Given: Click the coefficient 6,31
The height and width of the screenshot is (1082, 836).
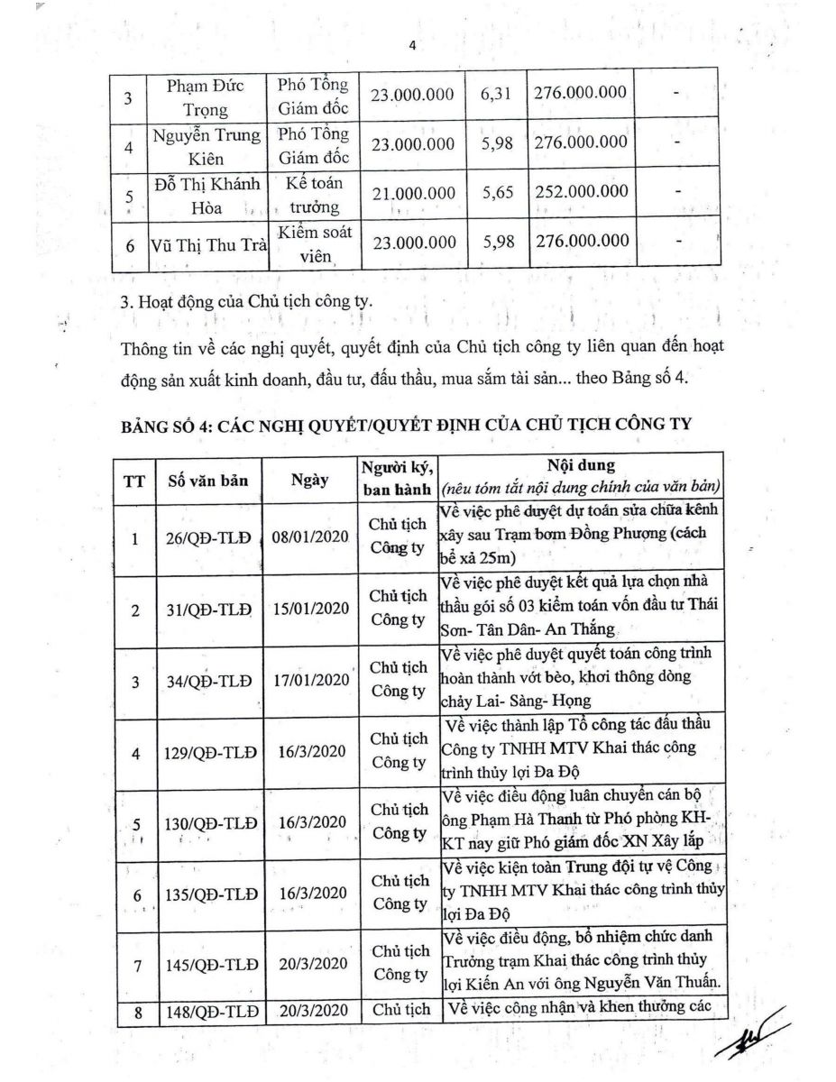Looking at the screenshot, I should (x=497, y=93).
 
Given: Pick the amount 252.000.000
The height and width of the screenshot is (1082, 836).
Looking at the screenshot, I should (x=581, y=191).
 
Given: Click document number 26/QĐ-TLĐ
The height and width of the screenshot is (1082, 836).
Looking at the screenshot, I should (x=207, y=539).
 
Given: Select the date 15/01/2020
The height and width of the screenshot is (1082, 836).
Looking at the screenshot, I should (x=309, y=610).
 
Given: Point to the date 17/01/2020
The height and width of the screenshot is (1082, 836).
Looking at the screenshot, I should (x=309, y=681).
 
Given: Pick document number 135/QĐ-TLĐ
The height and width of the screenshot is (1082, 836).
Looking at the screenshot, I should (x=207, y=894).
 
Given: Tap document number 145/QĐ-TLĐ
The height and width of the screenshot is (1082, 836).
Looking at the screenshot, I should (x=207, y=965).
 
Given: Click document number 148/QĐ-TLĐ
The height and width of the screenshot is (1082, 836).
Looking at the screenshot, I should (x=207, y=1011).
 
